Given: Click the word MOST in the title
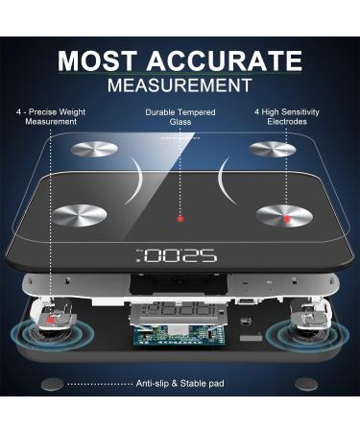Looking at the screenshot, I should click(x=99, y=61).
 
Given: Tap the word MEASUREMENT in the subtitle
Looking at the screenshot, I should click(x=180, y=85).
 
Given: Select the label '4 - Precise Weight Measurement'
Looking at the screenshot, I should click(x=51, y=117).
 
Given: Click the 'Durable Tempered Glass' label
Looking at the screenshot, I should click(x=180, y=117).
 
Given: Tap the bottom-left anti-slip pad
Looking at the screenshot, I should click(x=52, y=384).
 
